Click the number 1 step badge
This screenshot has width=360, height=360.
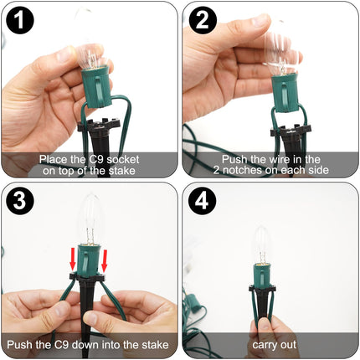point(19,20)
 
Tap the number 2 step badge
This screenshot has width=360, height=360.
point(203,20)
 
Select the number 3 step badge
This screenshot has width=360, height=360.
point(19,200)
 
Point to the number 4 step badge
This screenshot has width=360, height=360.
point(203,200)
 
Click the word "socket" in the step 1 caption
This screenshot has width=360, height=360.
point(123,159)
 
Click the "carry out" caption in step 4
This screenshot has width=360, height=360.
point(274,345)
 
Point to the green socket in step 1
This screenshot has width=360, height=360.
point(96,86)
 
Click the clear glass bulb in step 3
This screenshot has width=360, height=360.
point(89,219)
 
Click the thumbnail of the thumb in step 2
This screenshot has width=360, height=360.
point(257,20)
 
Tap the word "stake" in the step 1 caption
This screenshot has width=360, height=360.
point(122,171)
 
